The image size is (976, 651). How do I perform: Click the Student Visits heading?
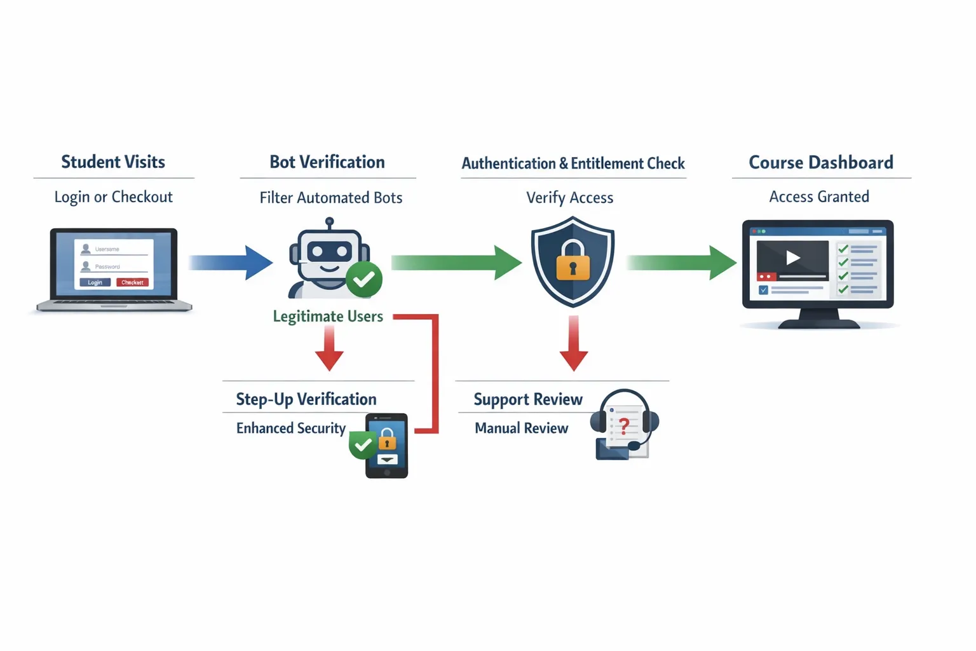[113, 162]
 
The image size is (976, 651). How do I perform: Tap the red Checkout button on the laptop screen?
[132, 282]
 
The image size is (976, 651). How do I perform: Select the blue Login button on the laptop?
[95, 282]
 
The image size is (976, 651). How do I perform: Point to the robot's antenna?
[329, 223]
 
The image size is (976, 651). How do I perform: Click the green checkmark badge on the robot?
[364, 279]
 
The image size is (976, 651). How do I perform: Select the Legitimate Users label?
[328, 316]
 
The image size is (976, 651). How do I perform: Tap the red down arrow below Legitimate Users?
[329, 350]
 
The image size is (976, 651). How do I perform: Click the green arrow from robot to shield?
[455, 263]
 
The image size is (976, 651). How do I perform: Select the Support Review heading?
[527, 399]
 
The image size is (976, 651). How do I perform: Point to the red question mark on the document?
[624, 426]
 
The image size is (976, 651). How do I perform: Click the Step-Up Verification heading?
[306, 399]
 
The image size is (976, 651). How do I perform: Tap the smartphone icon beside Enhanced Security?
[386, 446]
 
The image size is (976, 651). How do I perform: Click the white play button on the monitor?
[792, 257]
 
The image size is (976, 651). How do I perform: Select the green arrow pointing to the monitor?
[680, 263]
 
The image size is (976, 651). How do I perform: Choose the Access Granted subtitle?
[819, 197]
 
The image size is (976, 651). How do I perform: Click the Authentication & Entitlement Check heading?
[573, 163]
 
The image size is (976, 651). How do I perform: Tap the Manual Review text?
[521, 428]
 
